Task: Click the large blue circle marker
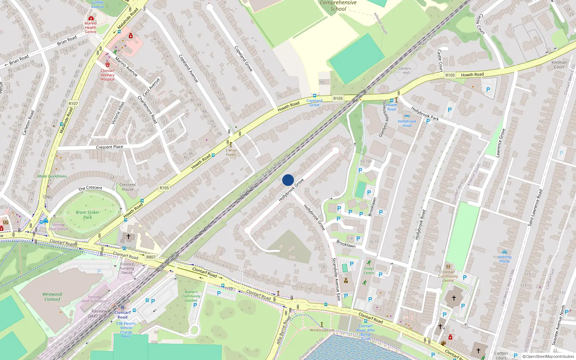(288, 180)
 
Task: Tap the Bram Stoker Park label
(87, 215)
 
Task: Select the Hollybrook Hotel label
(407, 123)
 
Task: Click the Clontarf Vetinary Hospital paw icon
(107, 65)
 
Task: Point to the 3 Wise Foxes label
(231, 152)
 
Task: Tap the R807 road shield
(151, 257)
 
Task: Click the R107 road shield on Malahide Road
(73, 103)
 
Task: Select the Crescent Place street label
(109, 147)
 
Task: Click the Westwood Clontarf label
(53, 297)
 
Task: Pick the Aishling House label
(504, 259)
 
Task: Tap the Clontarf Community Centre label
(448, 276)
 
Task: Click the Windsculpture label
(321, 330)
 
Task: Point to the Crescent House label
(127, 187)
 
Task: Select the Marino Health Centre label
(90, 27)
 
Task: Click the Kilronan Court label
(559, 64)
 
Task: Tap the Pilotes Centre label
(369, 271)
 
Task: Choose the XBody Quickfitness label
(52, 176)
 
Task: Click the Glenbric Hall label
(405, 70)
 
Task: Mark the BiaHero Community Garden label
(191, 296)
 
